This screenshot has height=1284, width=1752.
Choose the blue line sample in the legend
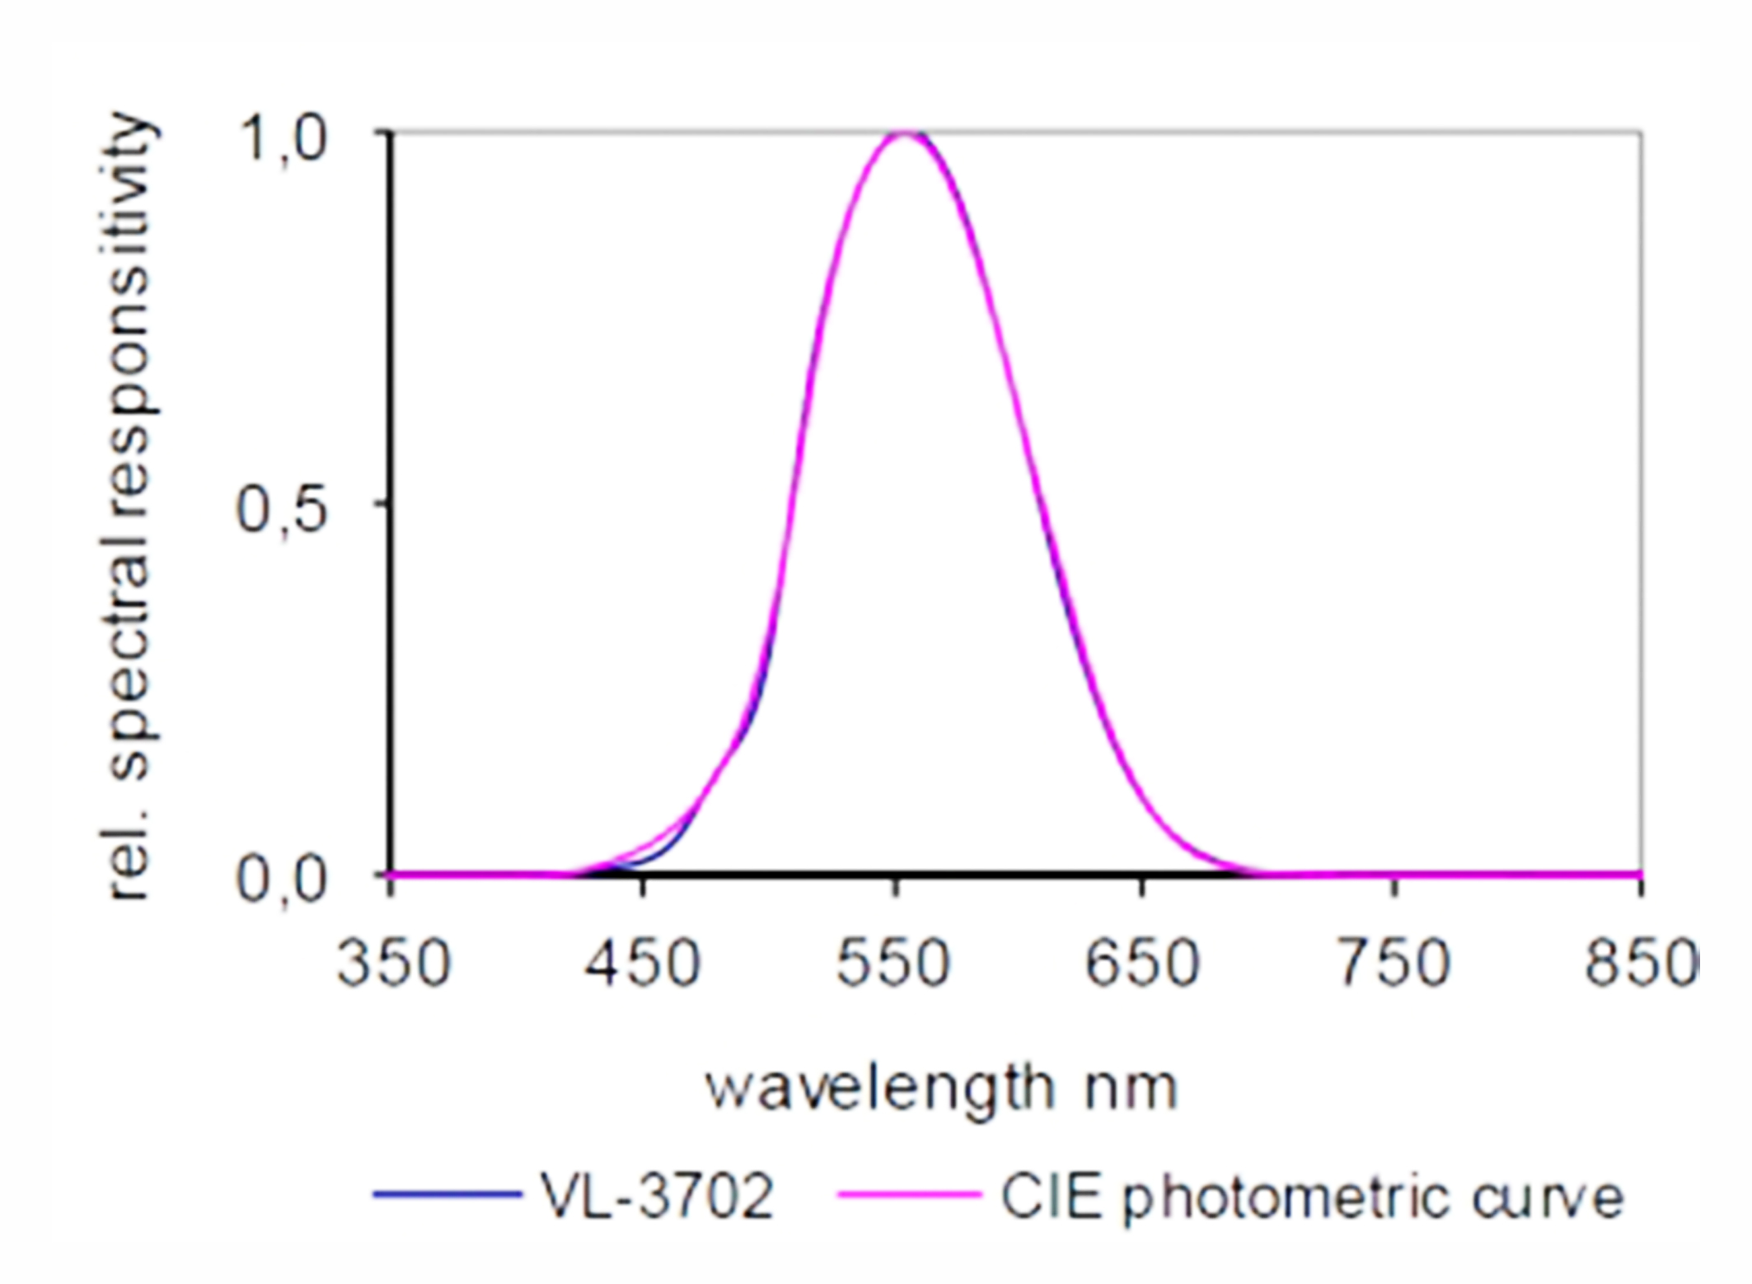447,1193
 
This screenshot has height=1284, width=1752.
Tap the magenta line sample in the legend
909,1193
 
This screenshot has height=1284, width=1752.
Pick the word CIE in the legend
1051,1196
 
